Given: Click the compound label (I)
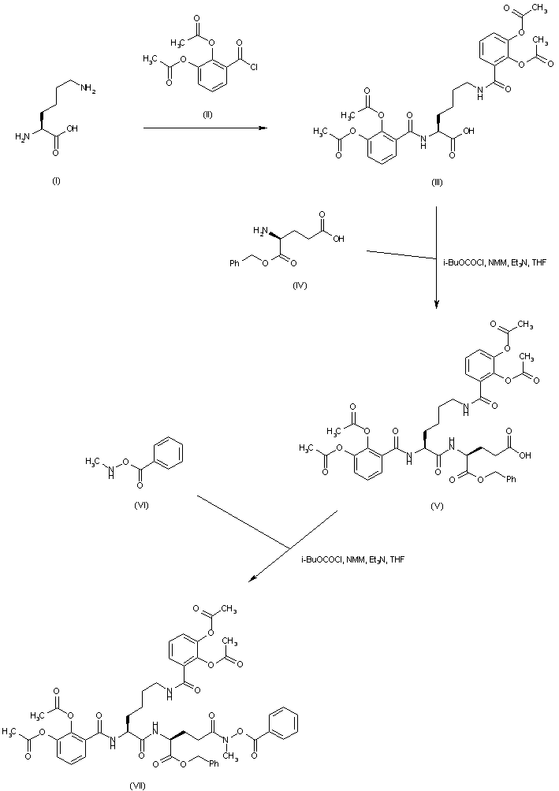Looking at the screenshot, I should (x=56, y=181).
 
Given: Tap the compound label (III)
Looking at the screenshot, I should (x=437, y=183).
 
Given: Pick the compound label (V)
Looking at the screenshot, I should (x=436, y=507).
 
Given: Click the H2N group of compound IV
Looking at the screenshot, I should (x=260, y=232).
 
